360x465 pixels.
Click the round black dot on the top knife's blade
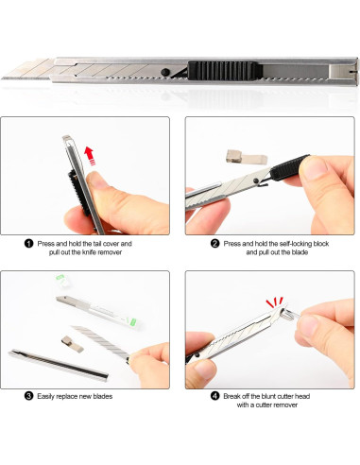[x=164, y=72]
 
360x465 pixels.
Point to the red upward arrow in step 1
[x=90, y=156]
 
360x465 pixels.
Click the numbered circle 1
[x=28, y=244]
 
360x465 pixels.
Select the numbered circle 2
[x=214, y=244]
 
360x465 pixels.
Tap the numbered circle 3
[x=28, y=396]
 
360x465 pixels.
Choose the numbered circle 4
[x=214, y=396]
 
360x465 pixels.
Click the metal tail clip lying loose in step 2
[x=247, y=157]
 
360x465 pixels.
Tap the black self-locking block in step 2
[x=289, y=168]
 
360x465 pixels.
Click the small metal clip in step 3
[x=72, y=344]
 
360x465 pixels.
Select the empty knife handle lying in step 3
[x=59, y=364]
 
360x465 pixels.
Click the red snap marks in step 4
[x=275, y=301]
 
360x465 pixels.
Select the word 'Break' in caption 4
[x=231, y=396]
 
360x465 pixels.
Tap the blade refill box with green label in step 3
[x=98, y=312]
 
